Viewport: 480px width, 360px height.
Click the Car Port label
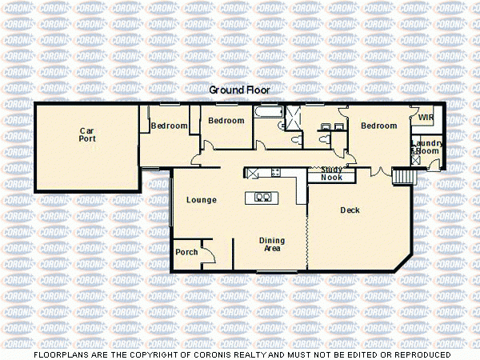tap(87, 134)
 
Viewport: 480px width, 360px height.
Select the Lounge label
tap(201, 199)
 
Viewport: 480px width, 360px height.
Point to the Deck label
tap(350, 210)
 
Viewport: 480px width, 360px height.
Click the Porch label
tap(186, 252)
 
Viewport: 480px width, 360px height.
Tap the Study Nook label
tap(331, 174)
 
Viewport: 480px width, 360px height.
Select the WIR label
tap(426, 117)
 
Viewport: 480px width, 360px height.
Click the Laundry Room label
tap(426, 147)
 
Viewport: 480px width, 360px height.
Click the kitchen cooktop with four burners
tap(275, 172)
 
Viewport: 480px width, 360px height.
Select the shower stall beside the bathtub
tap(294, 118)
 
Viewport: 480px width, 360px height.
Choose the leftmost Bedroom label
tap(170, 126)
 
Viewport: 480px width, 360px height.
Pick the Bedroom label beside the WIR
tap(378, 126)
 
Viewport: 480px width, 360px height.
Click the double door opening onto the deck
tap(380, 173)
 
